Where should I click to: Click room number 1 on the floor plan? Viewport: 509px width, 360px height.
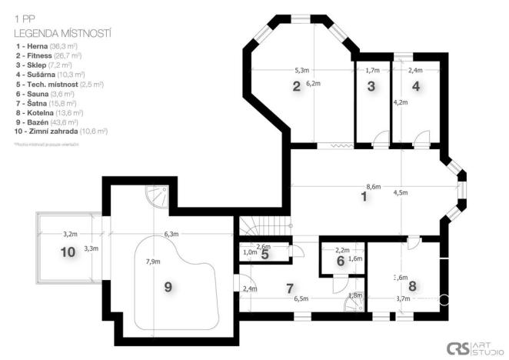[x=364, y=197]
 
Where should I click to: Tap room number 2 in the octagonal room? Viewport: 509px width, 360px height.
[x=296, y=86]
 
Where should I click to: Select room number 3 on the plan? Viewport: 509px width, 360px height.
[x=371, y=86]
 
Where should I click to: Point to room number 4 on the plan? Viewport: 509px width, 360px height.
[x=416, y=86]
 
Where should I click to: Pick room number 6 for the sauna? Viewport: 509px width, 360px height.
[x=340, y=261]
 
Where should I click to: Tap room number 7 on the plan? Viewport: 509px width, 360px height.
[x=289, y=288]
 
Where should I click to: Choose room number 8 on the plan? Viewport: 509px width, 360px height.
[x=412, y=286]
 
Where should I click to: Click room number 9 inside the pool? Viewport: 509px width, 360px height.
[x=168, y=286]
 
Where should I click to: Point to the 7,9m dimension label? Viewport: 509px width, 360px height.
[x=154, y=262]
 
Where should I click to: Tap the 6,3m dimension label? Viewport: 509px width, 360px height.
[x=171, y=234]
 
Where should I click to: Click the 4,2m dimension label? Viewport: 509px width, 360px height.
[x=401, y=102]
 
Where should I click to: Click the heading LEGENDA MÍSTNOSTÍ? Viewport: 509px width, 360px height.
[x=62, y=34]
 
